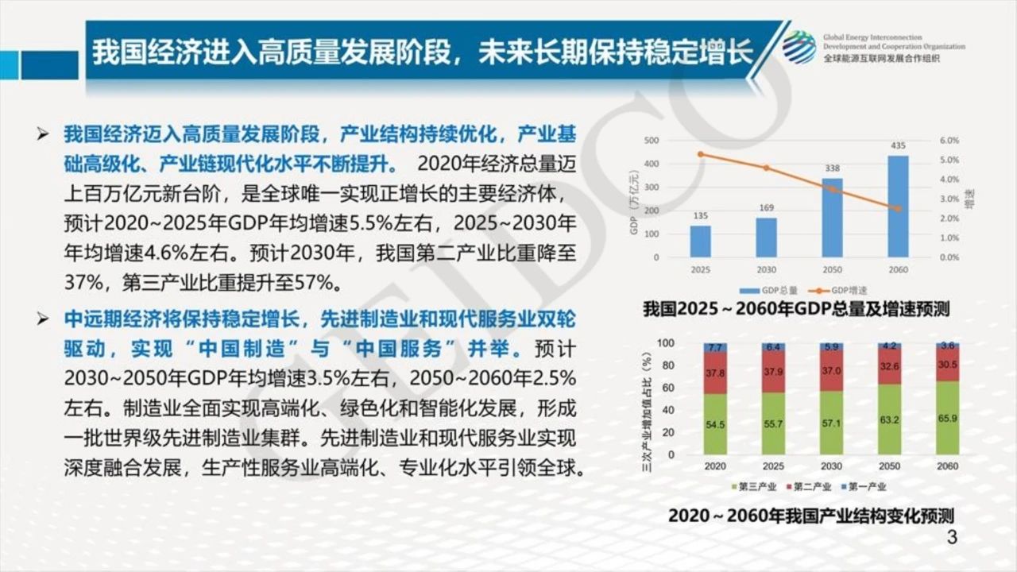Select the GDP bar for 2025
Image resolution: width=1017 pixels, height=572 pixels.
pyautogui.click(x=700, y=242)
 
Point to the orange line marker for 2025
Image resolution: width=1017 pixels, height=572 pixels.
pyautogui.click(x=700, y=154)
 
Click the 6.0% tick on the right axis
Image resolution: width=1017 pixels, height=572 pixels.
pyautogui.click(x=949, y=141)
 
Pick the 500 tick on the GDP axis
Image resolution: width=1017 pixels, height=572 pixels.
pyautogui.click(x=651, y=141)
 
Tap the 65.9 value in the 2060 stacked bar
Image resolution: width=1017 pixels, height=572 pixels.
pyautogui.click(x=947, y=418)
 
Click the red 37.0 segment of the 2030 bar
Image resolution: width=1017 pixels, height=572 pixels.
pyautogui.click(x=830, y=371)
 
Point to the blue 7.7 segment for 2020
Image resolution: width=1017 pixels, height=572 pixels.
pyautogui.click(x=714, y=347)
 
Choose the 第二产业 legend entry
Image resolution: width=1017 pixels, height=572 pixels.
pyautogui.click(x=809, y=487)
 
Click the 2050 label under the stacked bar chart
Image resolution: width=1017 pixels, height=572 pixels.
pyautogui.click(x=889, y=466)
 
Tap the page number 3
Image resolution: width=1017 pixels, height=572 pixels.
pyautogui.click(x=952, y=538)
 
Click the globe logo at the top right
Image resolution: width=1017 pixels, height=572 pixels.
pyautogui.click(x=799, y=47)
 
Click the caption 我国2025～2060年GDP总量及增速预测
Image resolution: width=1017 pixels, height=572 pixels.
pyautogui.click(x=796, y=309)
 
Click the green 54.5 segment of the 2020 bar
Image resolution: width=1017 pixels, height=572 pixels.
pyautogui.click(x=714, y=425)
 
